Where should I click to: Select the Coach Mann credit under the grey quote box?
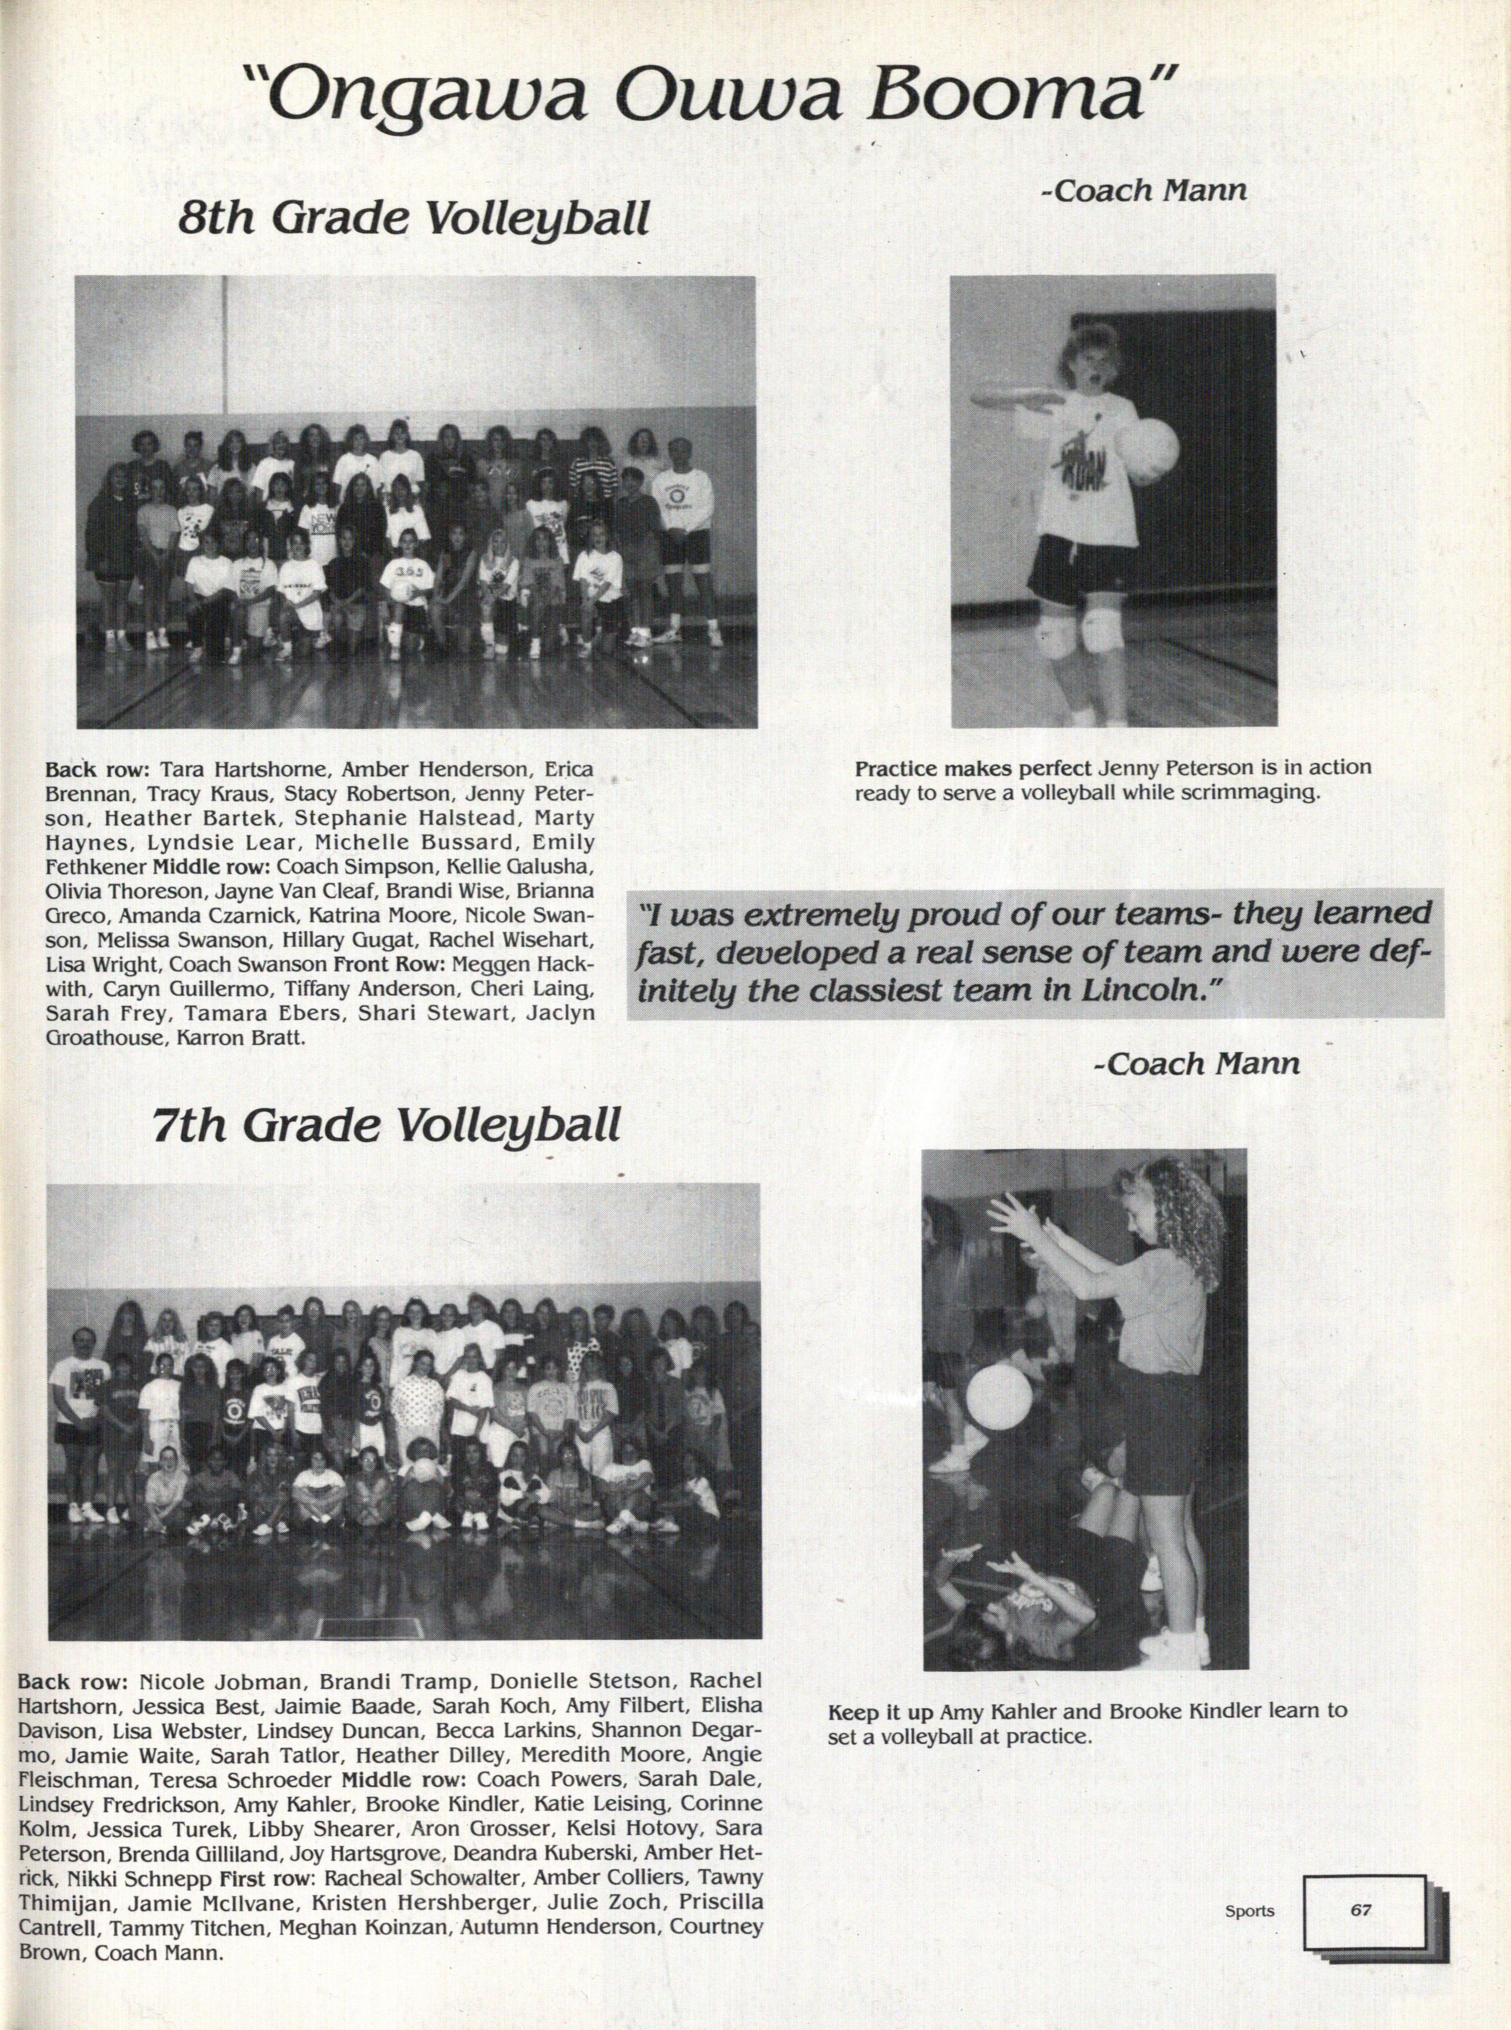(1195, 1064)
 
